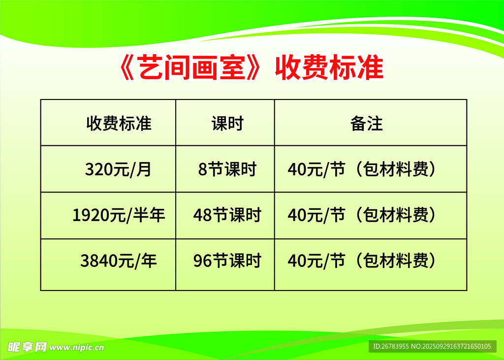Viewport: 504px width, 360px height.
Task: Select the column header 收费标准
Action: pos(119,124)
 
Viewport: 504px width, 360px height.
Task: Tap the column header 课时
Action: pos(227,124)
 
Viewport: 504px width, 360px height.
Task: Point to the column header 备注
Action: pos(366,124)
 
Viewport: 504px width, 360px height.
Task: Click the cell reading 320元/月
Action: pos(118,169)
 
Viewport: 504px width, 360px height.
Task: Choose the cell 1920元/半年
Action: pos(119,215)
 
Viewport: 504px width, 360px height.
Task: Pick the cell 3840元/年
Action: pos(119,261)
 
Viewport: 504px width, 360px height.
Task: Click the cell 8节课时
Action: pos(227,169)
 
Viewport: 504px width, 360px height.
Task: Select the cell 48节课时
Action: pos(227,215)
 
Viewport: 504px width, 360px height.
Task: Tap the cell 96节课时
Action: pos(227,261)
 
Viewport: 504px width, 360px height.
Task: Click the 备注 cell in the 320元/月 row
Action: pos(362,169)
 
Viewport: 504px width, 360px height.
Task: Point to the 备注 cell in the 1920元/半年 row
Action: pos(362,215)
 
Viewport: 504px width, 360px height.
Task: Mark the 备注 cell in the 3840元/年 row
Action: pos(362,261)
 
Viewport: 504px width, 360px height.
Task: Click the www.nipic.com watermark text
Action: pos(77,348)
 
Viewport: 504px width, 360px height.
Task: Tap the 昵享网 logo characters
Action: pos(28,347)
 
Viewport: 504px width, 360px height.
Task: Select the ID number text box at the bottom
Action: pos(432,347)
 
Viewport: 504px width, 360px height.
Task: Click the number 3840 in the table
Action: pos(99,261)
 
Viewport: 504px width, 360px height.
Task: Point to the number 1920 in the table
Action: pos(91,215)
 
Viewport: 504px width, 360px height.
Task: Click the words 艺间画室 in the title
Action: pos(192,67)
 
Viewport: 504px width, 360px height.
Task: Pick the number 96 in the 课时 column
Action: pos(202,261)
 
